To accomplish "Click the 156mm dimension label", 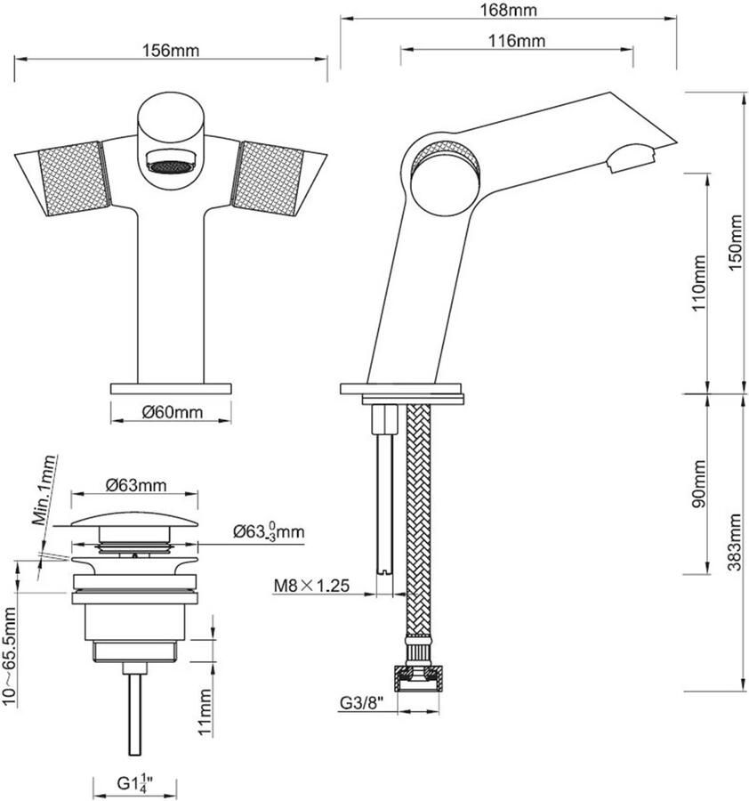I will coord(172,51).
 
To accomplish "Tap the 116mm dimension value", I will coord(517,41).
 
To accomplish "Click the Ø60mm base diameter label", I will coord(172,412).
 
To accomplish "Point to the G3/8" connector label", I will coord(360,702).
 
